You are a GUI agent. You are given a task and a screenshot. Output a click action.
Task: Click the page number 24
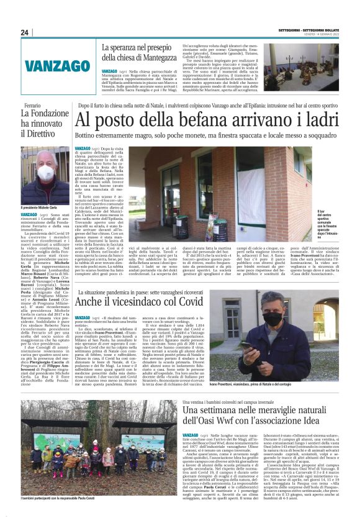point(24,33)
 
